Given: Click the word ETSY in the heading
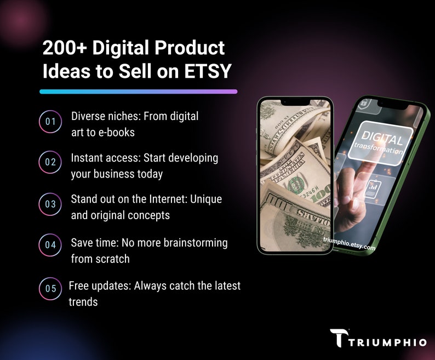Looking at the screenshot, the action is (x=207, y=71).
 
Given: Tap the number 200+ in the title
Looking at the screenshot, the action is (x=65, y=48).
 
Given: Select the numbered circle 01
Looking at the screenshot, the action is (x=50, y=122).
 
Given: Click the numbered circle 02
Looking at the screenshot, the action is (x=50, y=162).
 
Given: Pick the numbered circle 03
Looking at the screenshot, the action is (x=50, y=204).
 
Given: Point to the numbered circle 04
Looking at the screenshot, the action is (x=50, y=245).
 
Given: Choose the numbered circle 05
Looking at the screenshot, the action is (x=50, y=288).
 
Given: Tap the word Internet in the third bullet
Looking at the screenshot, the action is (x=168, y=199).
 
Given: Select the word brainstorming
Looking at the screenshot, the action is (x=196, y=243).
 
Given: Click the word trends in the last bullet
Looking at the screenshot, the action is (x=83, y=302).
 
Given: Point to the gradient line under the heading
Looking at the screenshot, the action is (x=139, y=92).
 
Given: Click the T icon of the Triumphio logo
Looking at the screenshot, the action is (x=339, y=338).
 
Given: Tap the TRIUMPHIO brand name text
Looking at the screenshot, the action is (x=387, y=342).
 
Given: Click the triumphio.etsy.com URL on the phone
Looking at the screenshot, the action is (x=349, y=243).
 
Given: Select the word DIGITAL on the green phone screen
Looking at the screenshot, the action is (x=382, y=138).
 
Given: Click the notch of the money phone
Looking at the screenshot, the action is (x=295, y=102).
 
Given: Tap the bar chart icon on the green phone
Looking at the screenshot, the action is (x=372, y=188).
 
